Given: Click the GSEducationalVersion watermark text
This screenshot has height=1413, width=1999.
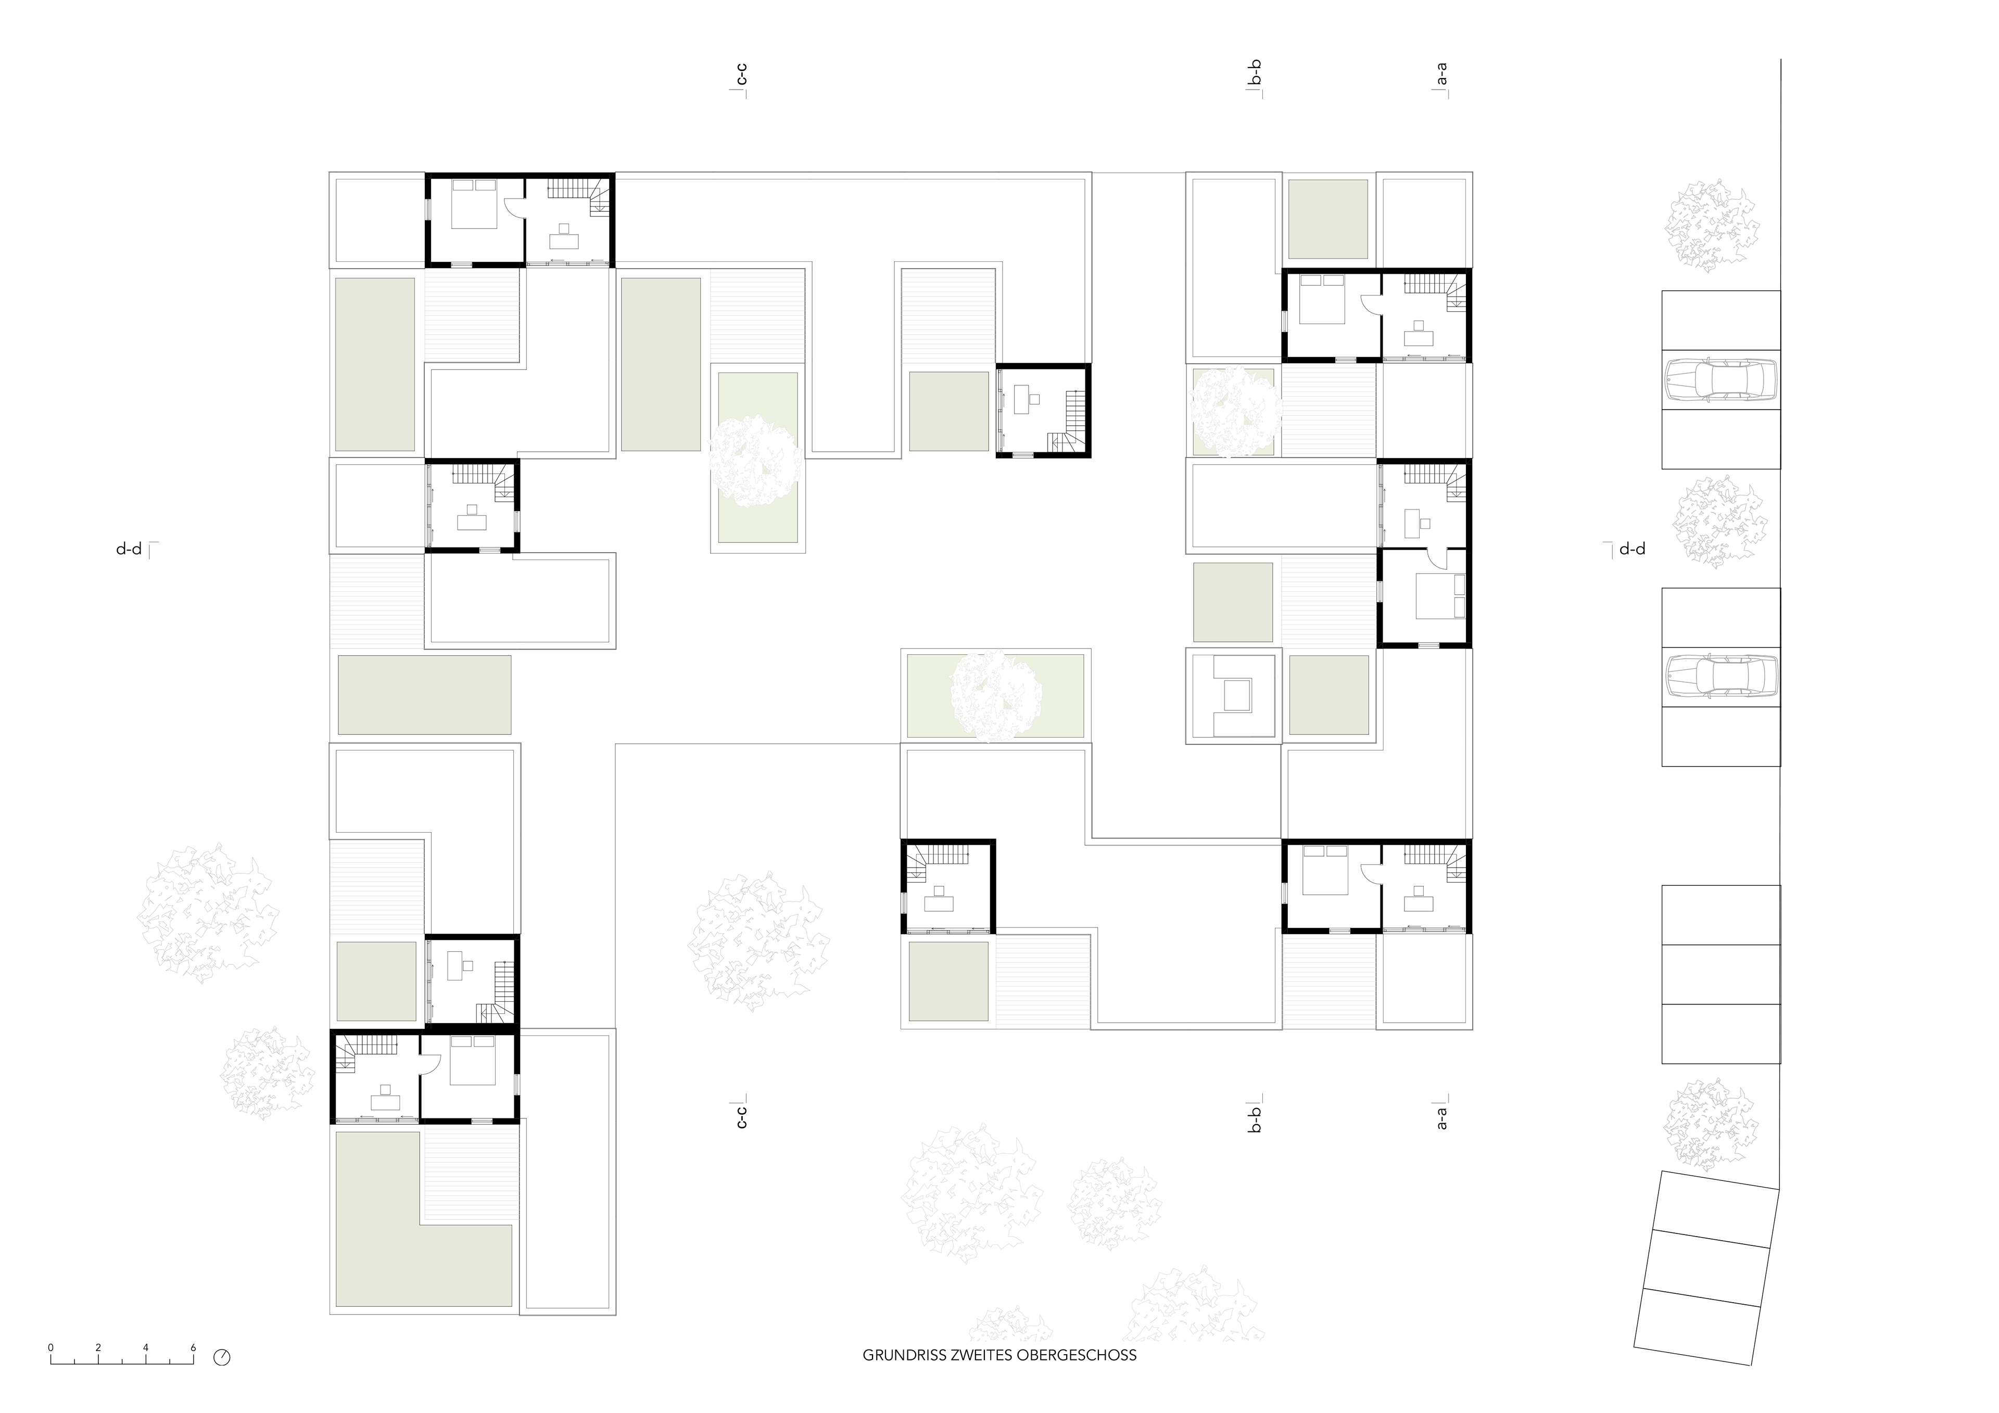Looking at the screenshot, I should click(x=80, y=1356).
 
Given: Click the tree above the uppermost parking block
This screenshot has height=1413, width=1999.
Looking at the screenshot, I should click(x=1711, y=225).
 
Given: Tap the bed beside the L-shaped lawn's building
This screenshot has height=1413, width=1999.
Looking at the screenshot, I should click(x=472, y=1060).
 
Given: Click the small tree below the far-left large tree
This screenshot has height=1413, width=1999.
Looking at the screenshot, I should click(x=267, y=1073).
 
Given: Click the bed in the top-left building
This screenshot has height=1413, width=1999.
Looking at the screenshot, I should click(x=474, y=203).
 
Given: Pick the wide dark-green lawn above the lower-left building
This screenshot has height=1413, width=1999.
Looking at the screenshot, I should click(x=424, y=695).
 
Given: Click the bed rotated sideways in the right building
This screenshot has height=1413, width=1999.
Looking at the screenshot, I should click(x=1440, y=596).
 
